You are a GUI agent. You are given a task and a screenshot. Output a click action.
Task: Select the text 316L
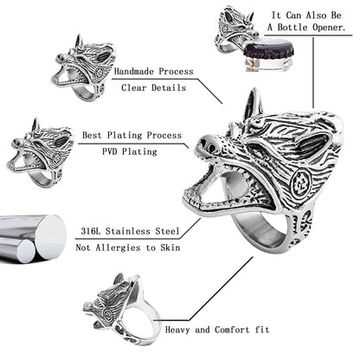[x=91, y=231]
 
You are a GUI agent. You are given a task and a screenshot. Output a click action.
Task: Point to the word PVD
[x=110, y=151]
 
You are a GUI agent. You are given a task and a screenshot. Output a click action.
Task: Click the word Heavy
[x=177, y=330]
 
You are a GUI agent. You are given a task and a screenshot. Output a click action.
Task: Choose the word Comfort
[x=232, y=330]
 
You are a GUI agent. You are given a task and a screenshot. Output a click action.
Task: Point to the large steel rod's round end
[x=51, y=237]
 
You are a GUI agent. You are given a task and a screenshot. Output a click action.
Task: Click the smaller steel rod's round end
[x=25, y=251]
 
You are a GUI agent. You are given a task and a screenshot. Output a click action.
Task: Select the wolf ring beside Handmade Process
[x=83, y=67]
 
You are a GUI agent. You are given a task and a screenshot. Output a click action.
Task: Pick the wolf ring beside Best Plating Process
[x=40, y=152]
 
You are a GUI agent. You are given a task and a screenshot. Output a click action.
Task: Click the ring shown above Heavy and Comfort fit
[x=122, y=310]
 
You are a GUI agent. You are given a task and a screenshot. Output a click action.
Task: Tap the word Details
[x=169, y=87]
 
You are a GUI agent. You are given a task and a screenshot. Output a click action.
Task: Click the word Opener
[x=329, y=28]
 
